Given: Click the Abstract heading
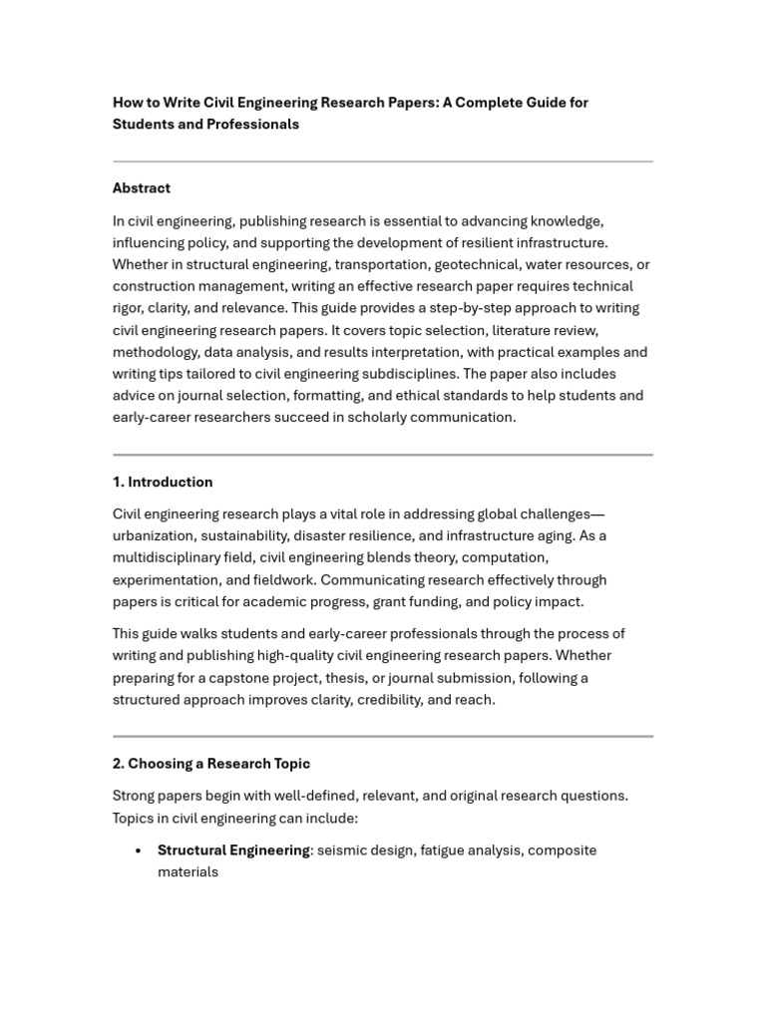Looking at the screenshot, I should point(141,188).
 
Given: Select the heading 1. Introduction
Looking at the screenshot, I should point(163,483).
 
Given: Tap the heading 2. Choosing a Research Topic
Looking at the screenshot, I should point(211,764).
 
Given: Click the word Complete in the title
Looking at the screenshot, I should point(494,103).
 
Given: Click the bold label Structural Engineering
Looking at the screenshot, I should point(233,851).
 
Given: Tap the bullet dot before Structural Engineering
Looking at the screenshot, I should point(137,851).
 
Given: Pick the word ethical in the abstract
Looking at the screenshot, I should point(402,396).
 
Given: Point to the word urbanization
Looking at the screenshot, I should point(155,536).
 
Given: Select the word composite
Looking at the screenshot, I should point(562,851).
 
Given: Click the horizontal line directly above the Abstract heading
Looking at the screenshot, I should point(383,162).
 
